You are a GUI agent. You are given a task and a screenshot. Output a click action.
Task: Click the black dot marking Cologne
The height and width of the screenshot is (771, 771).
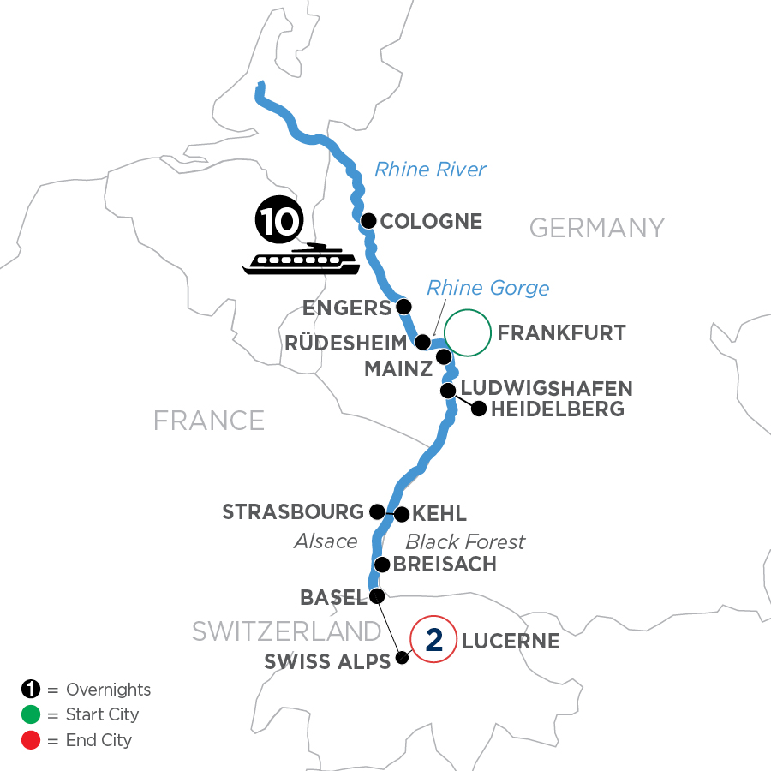pos(368,221)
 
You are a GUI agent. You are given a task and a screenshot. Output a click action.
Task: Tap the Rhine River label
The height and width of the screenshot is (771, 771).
pos(430,170)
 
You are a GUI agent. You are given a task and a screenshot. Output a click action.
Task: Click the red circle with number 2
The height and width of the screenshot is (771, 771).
pos(433,640)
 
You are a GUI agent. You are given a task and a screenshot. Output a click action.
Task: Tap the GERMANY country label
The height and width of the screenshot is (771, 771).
pos(597,228)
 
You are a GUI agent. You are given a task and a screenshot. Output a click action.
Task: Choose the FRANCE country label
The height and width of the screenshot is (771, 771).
pos(208,420)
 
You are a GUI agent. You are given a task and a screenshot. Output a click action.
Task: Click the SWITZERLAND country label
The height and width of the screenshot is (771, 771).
pos(286,631)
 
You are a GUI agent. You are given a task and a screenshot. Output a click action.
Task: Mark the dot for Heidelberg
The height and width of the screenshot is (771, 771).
pos(478,409)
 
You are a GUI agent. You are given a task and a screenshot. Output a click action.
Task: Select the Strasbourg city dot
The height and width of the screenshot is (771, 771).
pos(376,511)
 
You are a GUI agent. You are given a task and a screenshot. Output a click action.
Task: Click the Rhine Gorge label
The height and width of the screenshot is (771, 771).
pos(488,288)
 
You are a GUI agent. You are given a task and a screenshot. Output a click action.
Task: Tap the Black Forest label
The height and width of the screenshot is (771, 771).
pos(465,541)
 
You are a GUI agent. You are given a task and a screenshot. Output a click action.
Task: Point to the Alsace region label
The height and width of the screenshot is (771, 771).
pos(325,541)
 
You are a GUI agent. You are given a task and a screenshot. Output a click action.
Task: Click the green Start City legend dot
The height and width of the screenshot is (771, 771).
pos(30,714)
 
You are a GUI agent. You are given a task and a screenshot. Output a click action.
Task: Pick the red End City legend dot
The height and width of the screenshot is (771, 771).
pos(30,739)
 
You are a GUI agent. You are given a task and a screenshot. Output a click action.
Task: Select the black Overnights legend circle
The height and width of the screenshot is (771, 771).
pos(30,690)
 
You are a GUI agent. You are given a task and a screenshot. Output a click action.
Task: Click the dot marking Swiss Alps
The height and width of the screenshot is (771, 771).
pos(402,660)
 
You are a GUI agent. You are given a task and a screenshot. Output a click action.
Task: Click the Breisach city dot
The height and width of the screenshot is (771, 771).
pos(382,565)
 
